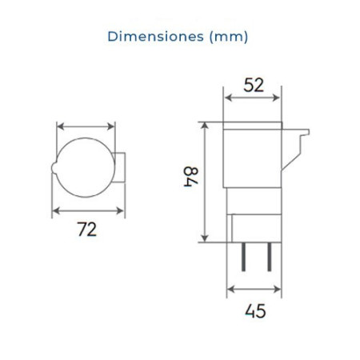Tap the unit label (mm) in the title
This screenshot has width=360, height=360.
(228, 36)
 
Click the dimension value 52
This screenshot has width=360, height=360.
(254, 86)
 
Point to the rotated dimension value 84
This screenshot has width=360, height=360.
(190, 178)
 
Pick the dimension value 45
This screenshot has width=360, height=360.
(254, 310)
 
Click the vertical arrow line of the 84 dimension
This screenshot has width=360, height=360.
(206, 181)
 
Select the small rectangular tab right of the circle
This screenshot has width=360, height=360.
(119, 168)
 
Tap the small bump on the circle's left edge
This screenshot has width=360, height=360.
(54, 168)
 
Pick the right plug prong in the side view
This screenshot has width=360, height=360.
(270, 258)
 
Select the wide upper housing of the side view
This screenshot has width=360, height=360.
(254, 152)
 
